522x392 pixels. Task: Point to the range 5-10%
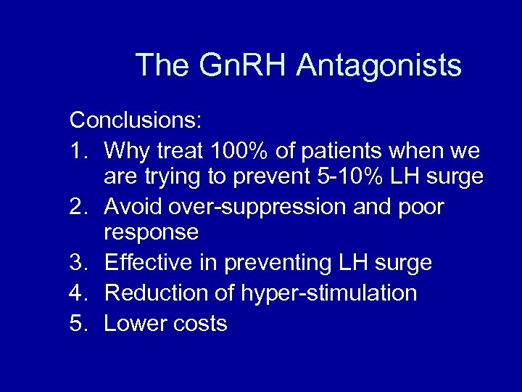coord(365,177)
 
